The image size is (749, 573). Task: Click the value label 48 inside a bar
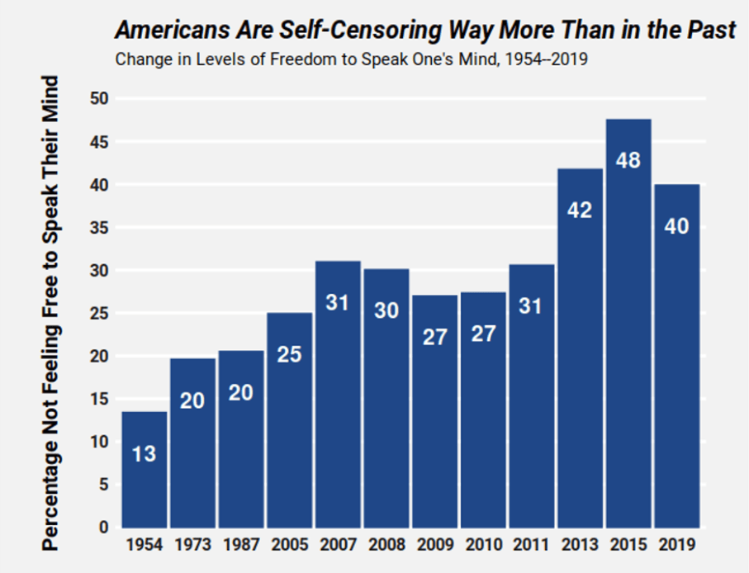(x=628, y=161)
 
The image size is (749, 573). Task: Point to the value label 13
(x=144, y=453)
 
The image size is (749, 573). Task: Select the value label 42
(x=580, y=211)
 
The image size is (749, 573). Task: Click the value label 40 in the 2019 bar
(x=676, y=225)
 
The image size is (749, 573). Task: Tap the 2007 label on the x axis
(x=338, y=546)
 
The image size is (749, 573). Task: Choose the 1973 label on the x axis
(x=192, y=546)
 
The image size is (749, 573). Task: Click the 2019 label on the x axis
(x=676, y=546)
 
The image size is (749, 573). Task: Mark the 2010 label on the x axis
(x=483, y=546)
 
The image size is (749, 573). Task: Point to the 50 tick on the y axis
(x=100, y=99)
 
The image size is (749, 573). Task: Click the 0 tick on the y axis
(x=104, y=528)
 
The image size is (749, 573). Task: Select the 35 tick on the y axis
(x=100, y=228)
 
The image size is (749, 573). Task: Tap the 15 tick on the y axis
(x=100, y=399)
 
